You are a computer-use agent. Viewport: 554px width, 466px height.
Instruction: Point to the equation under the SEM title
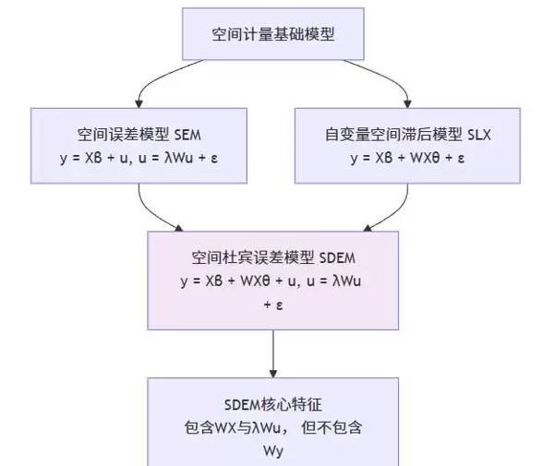coord(139,157)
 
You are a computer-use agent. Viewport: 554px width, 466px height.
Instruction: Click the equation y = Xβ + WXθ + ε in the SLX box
coord(407,157)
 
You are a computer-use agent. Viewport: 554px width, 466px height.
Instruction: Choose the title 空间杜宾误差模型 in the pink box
coord(235,257)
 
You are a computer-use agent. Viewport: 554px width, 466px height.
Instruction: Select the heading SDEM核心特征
coord(273,405)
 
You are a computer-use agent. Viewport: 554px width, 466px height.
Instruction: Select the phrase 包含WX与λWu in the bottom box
coord(227,428)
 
